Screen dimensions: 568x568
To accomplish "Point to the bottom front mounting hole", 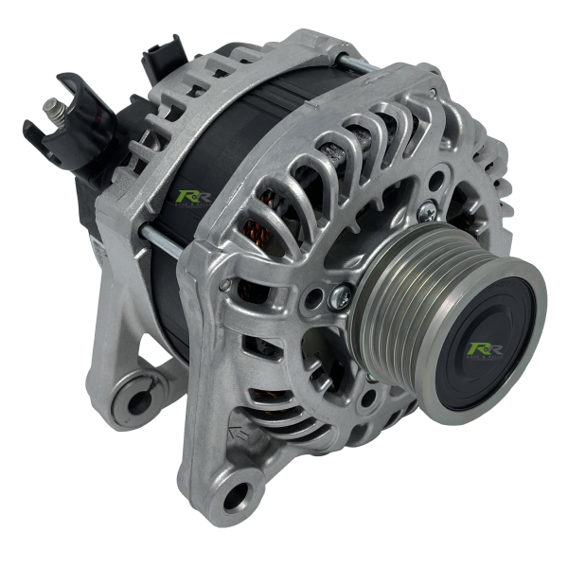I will tap(237, 494).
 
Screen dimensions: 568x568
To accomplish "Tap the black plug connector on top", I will tap(163, 59).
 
